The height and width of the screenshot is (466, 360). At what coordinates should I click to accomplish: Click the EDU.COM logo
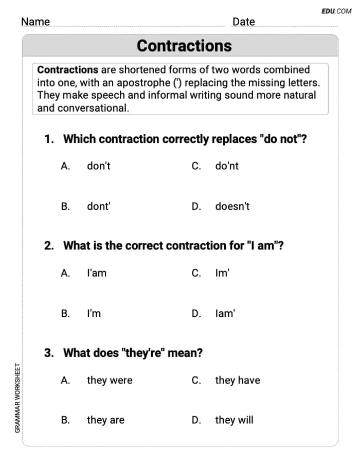(336, 11)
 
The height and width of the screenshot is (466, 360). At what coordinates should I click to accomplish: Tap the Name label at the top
(35, 22)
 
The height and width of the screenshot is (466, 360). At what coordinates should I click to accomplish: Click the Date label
(243, 22)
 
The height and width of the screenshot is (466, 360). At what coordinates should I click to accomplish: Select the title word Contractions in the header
(184, 46)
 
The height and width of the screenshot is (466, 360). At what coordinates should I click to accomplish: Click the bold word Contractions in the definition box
(67, 69)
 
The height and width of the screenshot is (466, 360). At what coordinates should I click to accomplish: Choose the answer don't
(98, 166)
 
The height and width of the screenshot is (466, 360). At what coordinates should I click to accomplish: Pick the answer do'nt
(227, 166)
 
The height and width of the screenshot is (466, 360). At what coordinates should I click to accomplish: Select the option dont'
(98, 206)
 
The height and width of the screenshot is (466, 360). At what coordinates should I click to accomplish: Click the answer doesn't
(232, 206)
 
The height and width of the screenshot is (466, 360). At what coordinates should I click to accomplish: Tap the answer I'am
(96, 273)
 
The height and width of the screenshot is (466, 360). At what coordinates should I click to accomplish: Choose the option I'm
(94, 313)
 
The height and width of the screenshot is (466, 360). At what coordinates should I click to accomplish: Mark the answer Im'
(222, 273)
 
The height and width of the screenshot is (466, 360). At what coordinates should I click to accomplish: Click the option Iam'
(225, 313)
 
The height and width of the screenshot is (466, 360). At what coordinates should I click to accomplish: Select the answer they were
(109, 380)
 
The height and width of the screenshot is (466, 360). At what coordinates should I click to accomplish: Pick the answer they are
(105, 420)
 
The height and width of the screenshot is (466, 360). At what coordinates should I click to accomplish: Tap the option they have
(237, 380)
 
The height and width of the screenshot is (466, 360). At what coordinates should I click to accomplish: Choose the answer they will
(234, 420)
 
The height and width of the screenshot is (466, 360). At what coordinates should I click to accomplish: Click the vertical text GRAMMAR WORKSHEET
(17, 398)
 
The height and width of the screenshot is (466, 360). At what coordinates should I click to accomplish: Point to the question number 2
(48, 246)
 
